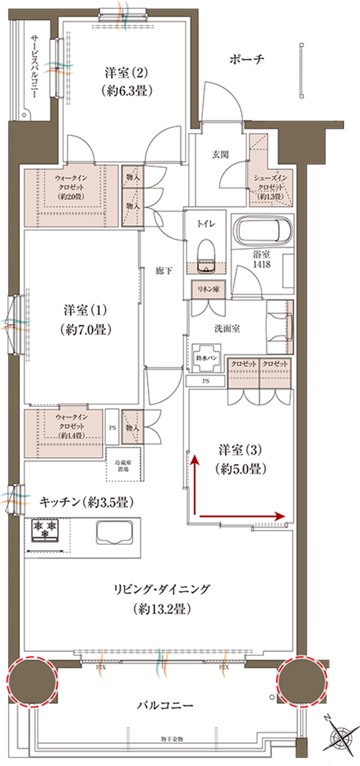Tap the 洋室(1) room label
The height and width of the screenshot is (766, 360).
(x=85, y=319)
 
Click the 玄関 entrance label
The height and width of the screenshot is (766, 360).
(x=221, y=155)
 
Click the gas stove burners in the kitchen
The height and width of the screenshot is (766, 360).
(x=45, y=529)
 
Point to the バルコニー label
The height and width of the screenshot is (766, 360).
(x=165, y=706)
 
